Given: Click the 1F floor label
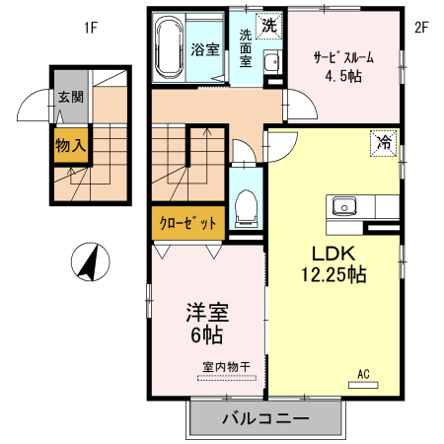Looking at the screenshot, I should pyautogui.click(x=90, y=28).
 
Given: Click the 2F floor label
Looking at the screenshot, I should pyautogui.click(x=421, y=28).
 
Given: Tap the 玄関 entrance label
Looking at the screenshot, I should pyautogui.click(x=70, y=97).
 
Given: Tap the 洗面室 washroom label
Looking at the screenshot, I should pyautogui.click(x=246, y=46).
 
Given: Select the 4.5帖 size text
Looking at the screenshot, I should pyautogui.click(x=342, y=77).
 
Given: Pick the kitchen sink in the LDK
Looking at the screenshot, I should pyautogui.click(x=345, y=206).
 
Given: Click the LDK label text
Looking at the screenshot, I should pyautogui.click(x=333, y=252).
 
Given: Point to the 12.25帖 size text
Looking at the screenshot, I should pyautogui.click(x=333, y=274).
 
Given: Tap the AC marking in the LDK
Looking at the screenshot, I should pyautogui.click(x=363, y=374).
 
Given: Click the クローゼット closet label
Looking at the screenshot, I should pyautogui.click(x=187, y=223).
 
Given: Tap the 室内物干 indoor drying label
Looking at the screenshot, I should pyautogui.click(x=227, y=367).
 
